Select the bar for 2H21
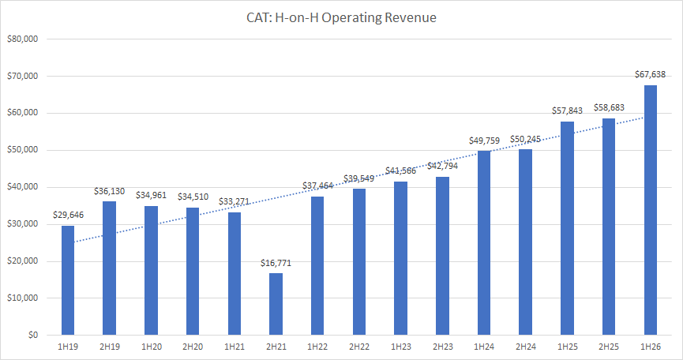(x=276, y=304)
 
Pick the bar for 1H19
(x=68, y=280)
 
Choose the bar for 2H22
(x=359, y=261)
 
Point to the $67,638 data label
(x=650, y=75)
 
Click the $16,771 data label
(x=276, y=263)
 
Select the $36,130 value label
(x=109, y=191)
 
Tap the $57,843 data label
(x=567, y=111)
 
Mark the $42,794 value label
(x=442, y=166)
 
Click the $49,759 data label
(x=484, y=141)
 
